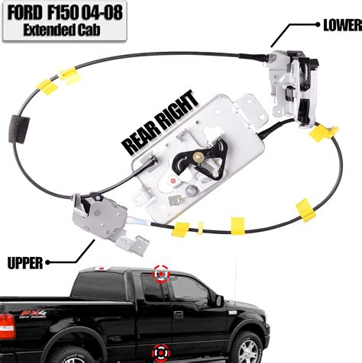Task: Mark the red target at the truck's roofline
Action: click(162, 273)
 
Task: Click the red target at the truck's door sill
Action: click(161, 352)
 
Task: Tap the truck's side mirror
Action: click(219, 300)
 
